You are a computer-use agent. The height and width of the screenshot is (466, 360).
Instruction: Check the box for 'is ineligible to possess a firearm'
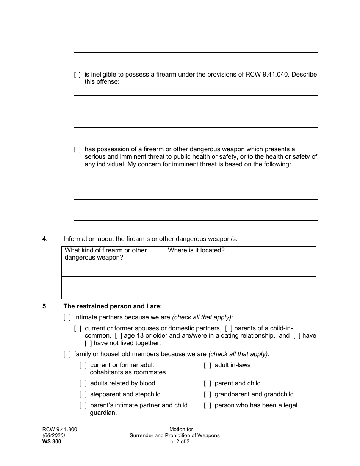click(x=77, y=75)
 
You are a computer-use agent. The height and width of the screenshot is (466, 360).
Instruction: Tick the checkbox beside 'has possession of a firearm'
click(x=77, y=150)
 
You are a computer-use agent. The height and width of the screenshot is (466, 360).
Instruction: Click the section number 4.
click(x=45, y=239)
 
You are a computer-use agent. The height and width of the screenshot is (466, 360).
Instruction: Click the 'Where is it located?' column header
click(x=196, y=250)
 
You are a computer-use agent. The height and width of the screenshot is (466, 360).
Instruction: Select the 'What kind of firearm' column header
click(x=105, y=254)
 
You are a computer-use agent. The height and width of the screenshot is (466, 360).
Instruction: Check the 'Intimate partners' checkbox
click(x=67, y=317)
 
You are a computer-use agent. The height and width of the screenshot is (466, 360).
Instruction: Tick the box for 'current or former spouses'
click(x=77, y=328)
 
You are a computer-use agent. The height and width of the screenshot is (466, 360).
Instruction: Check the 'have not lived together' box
click(x=88, y=343)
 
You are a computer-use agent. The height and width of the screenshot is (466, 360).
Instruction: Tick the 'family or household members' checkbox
click(x=67, y=354)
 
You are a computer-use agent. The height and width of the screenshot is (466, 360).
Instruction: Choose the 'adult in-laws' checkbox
click(x=207, y=365)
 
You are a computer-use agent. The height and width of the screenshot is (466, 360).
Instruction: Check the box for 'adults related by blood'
click(x=83, y=383)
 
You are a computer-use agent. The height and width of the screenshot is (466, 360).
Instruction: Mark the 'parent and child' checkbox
click(x=207, y=383)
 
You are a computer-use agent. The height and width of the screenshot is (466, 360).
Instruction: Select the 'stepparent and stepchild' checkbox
click(x=83, y=394)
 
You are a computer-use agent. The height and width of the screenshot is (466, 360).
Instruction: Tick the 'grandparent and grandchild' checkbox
click(x=207, y=394)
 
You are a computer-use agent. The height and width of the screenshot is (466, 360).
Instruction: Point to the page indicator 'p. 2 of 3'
click(x=180, y=441)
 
